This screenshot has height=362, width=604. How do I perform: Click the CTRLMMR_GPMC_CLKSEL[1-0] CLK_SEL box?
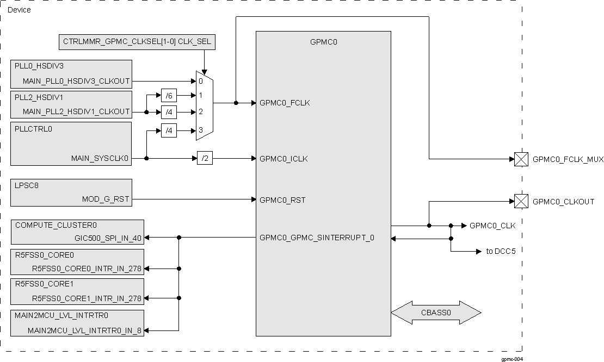(137, 41)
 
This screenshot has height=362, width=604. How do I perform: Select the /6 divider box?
(169, 95)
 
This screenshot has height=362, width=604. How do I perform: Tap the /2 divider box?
(205, 158)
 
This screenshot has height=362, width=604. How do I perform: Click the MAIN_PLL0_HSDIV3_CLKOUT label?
(76, 81)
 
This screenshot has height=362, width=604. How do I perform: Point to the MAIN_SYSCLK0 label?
(101, 158)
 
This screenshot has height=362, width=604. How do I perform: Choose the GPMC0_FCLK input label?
(285, 102)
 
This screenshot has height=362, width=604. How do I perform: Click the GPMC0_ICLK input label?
(284, 159)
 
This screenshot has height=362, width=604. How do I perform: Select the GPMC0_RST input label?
(282, 200)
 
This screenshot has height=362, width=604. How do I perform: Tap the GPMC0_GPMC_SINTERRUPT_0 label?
(317, 238)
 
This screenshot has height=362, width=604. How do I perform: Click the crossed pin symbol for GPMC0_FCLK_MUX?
(521, 159)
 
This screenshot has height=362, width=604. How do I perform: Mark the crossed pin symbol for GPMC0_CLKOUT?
(521, 202)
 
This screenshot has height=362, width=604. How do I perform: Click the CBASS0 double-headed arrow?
(436, 313)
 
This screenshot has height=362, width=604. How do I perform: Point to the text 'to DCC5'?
(501, 252)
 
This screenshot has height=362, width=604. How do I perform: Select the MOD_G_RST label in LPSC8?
(106, 199)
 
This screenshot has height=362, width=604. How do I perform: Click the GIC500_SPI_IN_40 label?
(108, 238)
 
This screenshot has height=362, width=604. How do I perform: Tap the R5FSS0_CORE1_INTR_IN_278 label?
(87, 298)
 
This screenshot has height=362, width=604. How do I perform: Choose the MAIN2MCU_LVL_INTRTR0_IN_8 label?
(84, 330)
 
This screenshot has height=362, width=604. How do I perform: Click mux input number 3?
(201, 130)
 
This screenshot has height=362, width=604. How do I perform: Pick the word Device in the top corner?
(20, 10)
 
